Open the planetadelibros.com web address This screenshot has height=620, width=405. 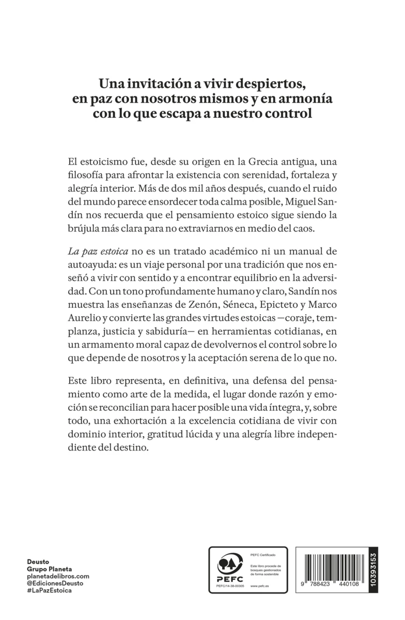click(58, 576)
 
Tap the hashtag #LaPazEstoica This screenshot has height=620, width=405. click(49, 590)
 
